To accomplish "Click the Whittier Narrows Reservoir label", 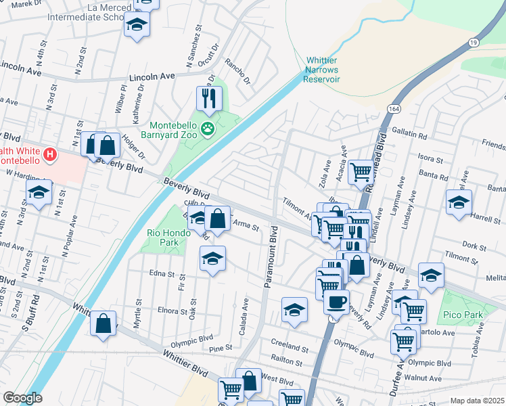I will click(x=321, y=70).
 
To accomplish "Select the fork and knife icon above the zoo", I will click(x=209, y=98).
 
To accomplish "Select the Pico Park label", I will click(x=461, y=315).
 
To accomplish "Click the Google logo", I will click(x=22, y=398).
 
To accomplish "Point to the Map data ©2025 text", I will click(x=477, y=401).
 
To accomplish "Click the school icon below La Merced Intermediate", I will click(x=137, y=25).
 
